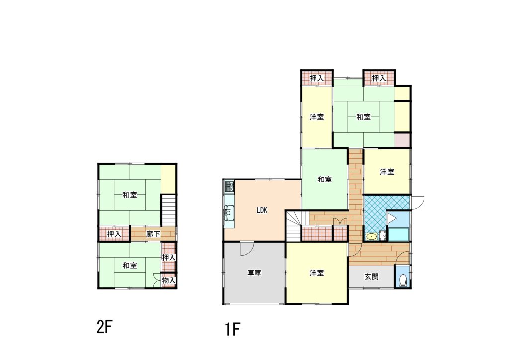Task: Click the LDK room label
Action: click(x=262, y=210)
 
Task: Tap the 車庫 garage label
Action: click(x=254, y=273)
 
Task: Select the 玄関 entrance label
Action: click(x=371, y=277)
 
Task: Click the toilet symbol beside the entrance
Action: click(x=403, y=280)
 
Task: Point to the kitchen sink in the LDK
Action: click(x=229, y=213)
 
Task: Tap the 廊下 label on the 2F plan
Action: click(x=153, y=234)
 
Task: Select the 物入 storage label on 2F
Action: click(x=169, y=280)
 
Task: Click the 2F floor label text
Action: click(x=104, y=327)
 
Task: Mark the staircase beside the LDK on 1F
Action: click(x=294, y=226)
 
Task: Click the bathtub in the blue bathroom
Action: click(x=399, y=234)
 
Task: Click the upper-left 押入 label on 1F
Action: click(x=317, y=78)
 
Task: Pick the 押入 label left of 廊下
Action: click(x=114, y=234)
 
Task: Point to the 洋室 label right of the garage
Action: click(x=317, y=273)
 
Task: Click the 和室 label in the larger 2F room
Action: click(x=130, y=195)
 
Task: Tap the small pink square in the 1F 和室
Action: click(x=402, y=140)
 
